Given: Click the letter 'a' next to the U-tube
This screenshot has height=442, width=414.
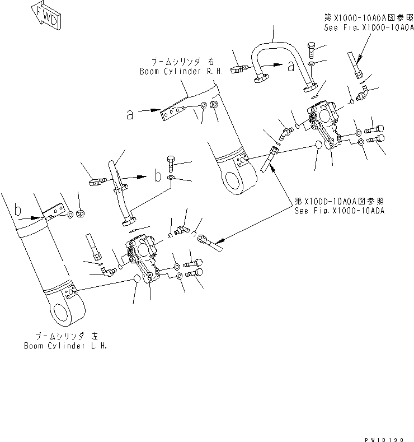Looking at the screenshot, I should click(290, 67).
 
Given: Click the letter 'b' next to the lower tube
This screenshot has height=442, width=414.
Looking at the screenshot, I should click(158, 176).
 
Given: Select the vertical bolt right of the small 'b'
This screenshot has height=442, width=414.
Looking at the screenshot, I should click(171, 163).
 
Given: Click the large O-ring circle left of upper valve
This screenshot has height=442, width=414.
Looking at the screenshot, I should click(319, 145).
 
